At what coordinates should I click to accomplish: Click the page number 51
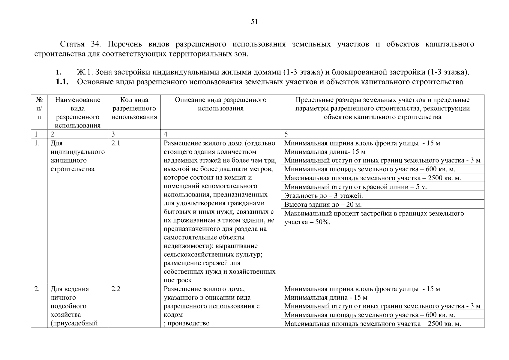[254, 22]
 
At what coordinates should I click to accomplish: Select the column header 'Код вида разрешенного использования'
[134, 108]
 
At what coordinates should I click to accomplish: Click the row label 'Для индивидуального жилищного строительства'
[77, 156]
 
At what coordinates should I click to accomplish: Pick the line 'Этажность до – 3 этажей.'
[323, 196]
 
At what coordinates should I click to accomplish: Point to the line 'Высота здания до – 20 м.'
[323, 205]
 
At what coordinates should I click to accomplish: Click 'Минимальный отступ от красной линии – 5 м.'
[356, 187]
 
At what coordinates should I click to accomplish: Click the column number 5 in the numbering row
[286, 134]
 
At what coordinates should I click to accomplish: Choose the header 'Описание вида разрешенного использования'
[220, 104]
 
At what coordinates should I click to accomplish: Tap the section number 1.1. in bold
[62, 82]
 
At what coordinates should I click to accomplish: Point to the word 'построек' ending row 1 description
[178, 280]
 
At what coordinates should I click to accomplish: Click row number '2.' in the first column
[37, 289]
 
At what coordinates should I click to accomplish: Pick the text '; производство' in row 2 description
[187, 323]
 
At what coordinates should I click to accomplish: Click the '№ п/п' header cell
[39, 108]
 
